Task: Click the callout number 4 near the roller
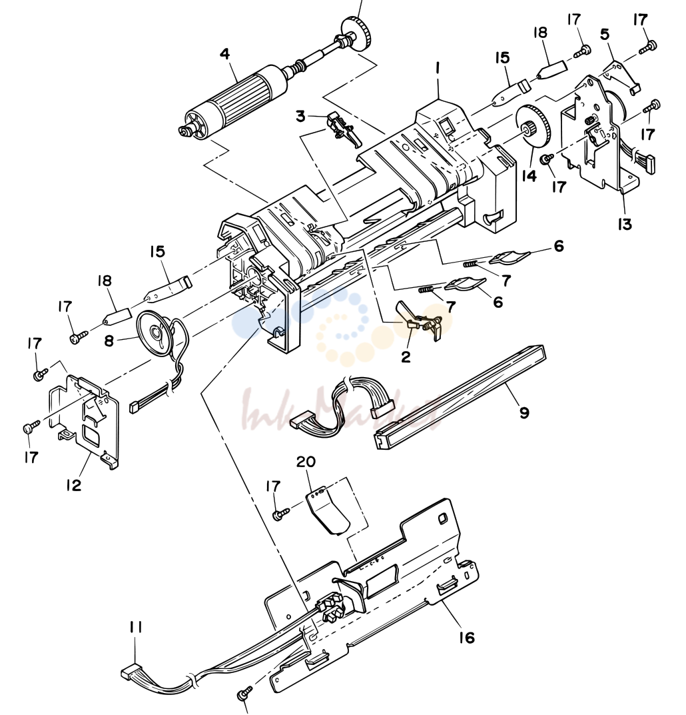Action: [224, 54]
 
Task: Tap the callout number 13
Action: [625, 224]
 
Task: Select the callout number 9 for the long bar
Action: [524, 412]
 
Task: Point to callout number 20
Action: [306, 462]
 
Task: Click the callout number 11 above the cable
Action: [136, 628]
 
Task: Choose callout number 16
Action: [467, 637]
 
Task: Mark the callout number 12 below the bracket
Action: [73, 484]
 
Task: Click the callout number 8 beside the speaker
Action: [109, 340]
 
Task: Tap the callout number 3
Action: [300, 116]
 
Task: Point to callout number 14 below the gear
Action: [529, 175]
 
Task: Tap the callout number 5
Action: [605, 35]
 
